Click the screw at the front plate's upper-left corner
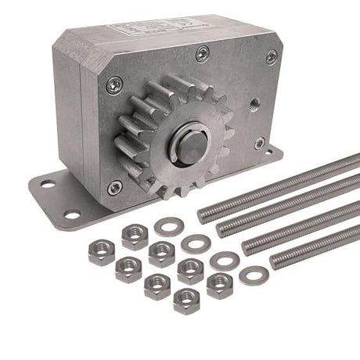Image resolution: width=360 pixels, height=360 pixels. tap(114, 85)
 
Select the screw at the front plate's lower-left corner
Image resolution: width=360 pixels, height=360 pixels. tap(115, 187)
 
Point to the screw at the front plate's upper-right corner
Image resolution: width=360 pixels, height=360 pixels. tap(272, 56)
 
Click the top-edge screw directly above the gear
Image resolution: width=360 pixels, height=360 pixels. tap(203, 53)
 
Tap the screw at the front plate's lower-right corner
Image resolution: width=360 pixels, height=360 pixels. tap(259, 143)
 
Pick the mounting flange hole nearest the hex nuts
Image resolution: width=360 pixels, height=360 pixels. tap(73, 214)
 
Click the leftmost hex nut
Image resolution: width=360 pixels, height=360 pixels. tap(102, 253)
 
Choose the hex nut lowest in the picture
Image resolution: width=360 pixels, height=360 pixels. tap(186, 300)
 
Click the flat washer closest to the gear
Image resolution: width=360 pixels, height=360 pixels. tap(167, 227)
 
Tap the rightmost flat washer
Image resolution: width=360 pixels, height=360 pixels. tap(254, 275)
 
